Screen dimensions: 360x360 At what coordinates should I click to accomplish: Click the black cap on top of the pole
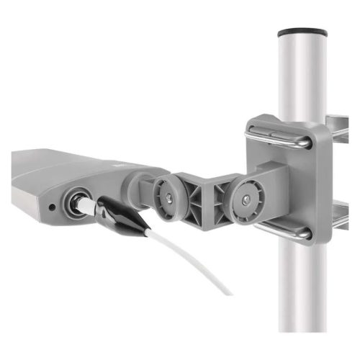[300, 32]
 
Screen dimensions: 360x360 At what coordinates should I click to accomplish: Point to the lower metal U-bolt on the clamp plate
[281, 230]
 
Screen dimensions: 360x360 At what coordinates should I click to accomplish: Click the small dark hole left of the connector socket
[52, 208]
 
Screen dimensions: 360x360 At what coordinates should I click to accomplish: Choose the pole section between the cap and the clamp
[300, 79]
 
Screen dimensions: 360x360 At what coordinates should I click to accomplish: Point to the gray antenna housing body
[43, 180]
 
